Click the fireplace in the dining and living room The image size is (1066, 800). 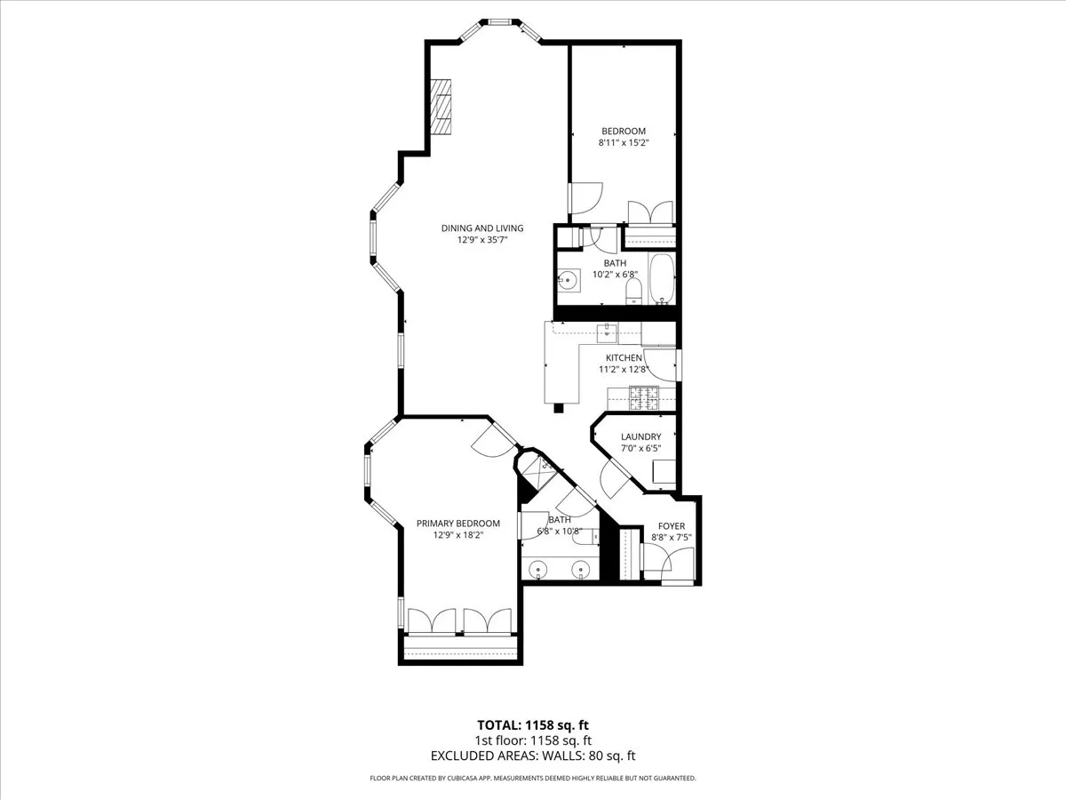click(x=442, y=106)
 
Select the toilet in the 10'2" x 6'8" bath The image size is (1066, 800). click(x=633, y=290)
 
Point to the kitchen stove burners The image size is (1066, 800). click(x=643, y=399)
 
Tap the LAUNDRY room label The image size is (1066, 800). click(x=640, y=436)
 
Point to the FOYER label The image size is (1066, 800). click(x=671, y=526)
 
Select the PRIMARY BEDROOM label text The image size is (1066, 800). click(x=457, y=524)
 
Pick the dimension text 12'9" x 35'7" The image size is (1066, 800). click(x=482, y=240)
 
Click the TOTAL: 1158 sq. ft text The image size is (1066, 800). click(x=532, y=724)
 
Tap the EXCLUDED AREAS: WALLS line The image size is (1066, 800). click(x=532, y=756)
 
